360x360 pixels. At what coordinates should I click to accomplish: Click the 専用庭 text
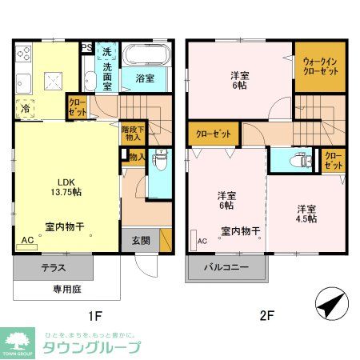click(x=68, y=288)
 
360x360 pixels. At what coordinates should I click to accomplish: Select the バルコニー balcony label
click(x=226, y=266)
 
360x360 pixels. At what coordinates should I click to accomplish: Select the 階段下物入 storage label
click(x=132, y=132)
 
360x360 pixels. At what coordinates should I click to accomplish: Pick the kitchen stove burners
click(x=22, y=56)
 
